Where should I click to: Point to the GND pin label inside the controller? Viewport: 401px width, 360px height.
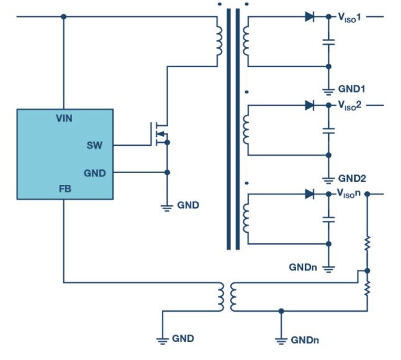[x=94, y=173]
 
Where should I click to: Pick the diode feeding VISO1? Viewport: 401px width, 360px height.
[x=310, y=17]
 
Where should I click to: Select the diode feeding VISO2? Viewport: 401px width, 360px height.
[x=310, y=106]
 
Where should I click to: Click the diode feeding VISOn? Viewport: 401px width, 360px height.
[x=310, y=194]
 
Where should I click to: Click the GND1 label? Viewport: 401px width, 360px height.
[x=351, y=88]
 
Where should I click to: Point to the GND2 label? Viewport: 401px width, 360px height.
[x=351, y=178]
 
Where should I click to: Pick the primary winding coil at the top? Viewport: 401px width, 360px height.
[x=219, y=40]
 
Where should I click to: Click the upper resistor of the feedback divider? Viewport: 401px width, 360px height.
[x=367, y=243]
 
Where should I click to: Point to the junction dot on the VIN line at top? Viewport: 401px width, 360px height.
[x=63, y=17]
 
